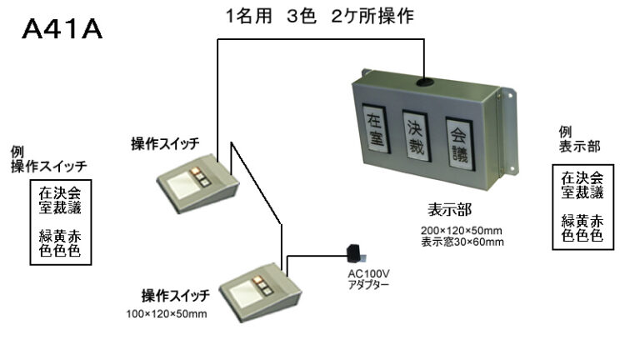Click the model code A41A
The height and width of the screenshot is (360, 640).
click(62, 29)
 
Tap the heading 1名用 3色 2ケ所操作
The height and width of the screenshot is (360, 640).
click(320, 17)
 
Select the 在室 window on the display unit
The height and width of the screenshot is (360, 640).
click(375, 129)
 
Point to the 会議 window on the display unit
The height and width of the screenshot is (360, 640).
click(460, 143)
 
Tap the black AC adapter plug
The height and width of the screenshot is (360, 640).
click(356, 253)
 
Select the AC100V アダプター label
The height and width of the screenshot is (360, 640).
click(368, 279)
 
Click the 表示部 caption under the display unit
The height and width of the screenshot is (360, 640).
click(449, 210)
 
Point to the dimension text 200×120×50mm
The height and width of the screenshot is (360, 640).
click(462, 231)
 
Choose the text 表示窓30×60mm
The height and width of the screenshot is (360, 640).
click(462, 242)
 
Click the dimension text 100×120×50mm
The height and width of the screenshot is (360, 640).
click(167, 314)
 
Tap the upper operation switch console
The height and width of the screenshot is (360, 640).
click(198, 183)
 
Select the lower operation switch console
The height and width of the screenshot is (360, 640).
click(260, 292)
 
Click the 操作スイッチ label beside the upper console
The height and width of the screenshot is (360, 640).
click(165, 143)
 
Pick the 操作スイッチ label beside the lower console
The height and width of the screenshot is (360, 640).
click(176, 296)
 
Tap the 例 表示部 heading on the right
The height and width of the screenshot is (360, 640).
click(580, 140)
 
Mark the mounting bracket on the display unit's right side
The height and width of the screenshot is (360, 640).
click(508, 131)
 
